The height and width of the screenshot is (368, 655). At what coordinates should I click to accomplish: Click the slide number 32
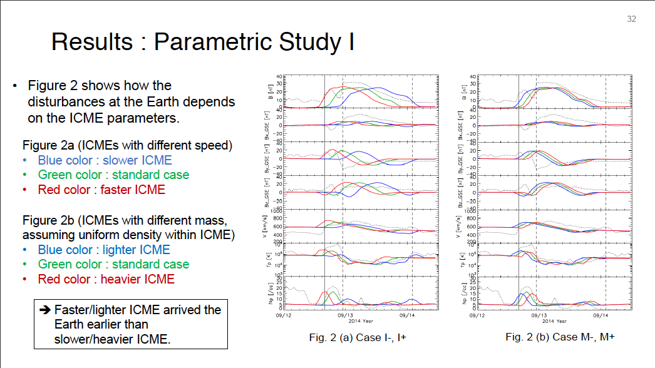coord(631,19)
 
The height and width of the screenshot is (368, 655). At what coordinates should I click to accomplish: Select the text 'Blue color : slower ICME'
coord(105,161)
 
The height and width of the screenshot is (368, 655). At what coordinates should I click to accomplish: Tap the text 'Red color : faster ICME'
coord(101,189)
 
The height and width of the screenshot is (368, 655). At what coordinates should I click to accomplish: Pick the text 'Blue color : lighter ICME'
coord(104,250)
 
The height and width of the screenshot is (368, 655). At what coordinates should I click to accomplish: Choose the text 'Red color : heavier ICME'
coord(106,279)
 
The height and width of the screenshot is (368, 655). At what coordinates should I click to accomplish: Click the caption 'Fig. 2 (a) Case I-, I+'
coord(355,337)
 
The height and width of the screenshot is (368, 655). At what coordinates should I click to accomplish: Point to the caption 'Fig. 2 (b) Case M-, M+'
coord(560,337)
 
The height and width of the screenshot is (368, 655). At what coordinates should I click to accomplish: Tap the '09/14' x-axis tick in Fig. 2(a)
coord(409,315)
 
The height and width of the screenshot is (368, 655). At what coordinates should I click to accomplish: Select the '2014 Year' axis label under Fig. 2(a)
coord(362,321)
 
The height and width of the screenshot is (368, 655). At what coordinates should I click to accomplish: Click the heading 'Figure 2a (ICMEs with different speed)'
coord(127,146)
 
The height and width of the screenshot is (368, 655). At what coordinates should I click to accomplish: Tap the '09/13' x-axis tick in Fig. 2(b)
coord(539,315)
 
